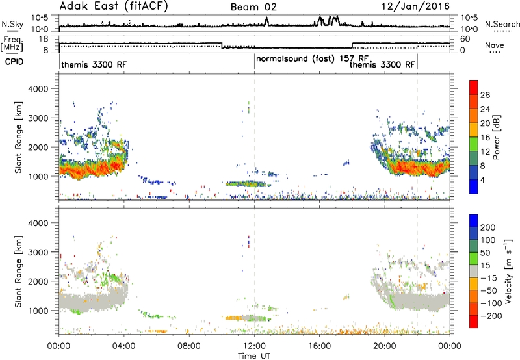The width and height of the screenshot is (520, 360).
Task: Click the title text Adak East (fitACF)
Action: coord(114,6)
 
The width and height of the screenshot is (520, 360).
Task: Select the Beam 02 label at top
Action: coord(253,7)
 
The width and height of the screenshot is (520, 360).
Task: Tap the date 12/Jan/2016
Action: coord(415,6)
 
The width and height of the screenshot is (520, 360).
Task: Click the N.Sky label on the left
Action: coord(12,24)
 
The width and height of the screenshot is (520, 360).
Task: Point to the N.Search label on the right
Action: coord(502,24)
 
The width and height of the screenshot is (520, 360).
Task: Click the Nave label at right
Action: coord(495,45)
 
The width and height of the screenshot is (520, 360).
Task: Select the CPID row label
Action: coord(14,62)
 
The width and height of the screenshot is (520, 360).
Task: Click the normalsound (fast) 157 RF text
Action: coord(312,59)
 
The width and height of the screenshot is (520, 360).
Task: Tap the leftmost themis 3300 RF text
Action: coord(94,64)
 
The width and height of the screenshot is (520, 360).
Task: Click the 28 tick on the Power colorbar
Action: coord(485,95)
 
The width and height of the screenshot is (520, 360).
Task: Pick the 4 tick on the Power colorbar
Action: coord(483,181)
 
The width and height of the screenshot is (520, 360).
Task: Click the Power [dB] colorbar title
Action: coord(496,137)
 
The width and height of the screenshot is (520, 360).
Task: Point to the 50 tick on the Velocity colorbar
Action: coord(485,253)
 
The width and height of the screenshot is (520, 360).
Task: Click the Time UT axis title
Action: coord(254,356)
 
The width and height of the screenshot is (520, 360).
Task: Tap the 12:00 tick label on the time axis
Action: coord(254,346)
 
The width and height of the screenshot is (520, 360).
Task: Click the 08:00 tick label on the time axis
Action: coord(189,346)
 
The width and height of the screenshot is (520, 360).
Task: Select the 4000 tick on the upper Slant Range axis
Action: coord(38,89)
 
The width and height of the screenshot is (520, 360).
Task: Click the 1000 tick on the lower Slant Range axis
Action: coord(38,311)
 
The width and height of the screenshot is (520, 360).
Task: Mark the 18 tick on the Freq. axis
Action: coord(44,39)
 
